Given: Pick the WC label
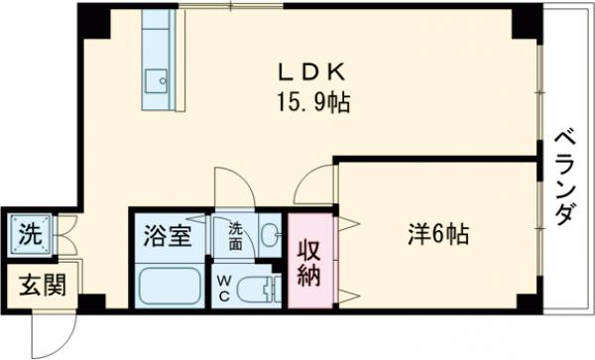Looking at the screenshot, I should point(224,288).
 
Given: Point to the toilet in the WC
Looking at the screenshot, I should point(262,291).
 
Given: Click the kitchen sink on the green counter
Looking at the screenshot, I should point(155,78).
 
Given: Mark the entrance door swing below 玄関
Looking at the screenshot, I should point(50,331).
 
